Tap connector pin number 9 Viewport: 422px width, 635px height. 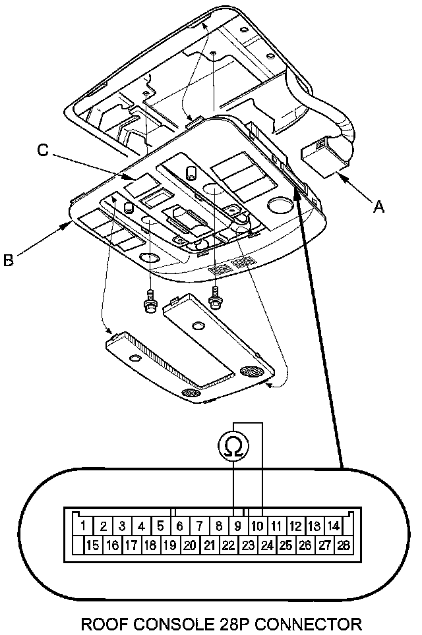(238, 526)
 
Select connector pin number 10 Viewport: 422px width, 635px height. (257, 526)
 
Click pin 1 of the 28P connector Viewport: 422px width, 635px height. (83, 526)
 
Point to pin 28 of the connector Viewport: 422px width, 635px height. (343, 545)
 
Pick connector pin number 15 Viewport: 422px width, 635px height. (93, 545)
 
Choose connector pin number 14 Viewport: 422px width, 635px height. (333, 526)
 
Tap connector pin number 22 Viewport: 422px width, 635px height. (228, 545)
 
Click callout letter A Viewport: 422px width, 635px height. (378, 207)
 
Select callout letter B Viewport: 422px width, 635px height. (8, 260)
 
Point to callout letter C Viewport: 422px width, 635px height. (43, 150)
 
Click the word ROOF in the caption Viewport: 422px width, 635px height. (102, 624)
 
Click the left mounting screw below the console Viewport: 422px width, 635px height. (150, 302)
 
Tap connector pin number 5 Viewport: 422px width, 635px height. (160, 526)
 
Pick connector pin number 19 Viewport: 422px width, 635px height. (170, 545)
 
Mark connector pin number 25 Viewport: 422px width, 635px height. (286, 545)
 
